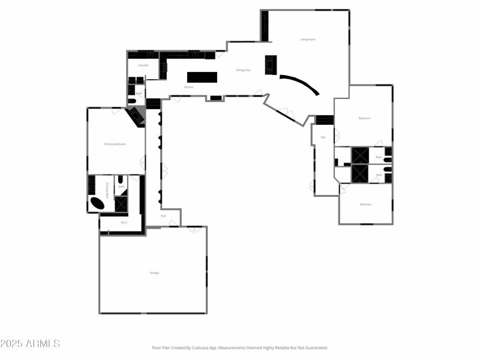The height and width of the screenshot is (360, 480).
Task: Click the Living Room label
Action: point(308,40)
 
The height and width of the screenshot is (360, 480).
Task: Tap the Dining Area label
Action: point(243,70)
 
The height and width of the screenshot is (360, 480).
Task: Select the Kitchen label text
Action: point(188,88)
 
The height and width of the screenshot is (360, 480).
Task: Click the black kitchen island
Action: point(202,77)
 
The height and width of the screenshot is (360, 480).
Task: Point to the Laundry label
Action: point(143,65)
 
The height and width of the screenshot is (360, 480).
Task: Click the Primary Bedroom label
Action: point(115,144)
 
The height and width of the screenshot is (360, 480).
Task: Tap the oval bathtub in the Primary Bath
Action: point(97,203)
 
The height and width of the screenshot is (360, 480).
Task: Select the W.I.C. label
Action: point(124,223)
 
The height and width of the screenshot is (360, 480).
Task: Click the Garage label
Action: point(154,273)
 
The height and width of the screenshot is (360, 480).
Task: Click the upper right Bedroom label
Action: point(364,118)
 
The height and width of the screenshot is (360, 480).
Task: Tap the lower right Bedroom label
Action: point(365,205)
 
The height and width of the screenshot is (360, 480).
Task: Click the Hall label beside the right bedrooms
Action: point(323,137)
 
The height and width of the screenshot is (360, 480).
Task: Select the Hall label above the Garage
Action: point(163,216)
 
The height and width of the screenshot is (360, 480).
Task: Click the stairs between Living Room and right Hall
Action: point(325,120)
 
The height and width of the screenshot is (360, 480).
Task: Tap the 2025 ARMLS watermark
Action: point(30,344)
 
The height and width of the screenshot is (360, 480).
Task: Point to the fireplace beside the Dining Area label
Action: point(271,64)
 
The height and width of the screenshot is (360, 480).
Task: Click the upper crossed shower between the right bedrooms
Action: point(360,155)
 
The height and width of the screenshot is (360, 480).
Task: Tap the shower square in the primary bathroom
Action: point(121,204)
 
